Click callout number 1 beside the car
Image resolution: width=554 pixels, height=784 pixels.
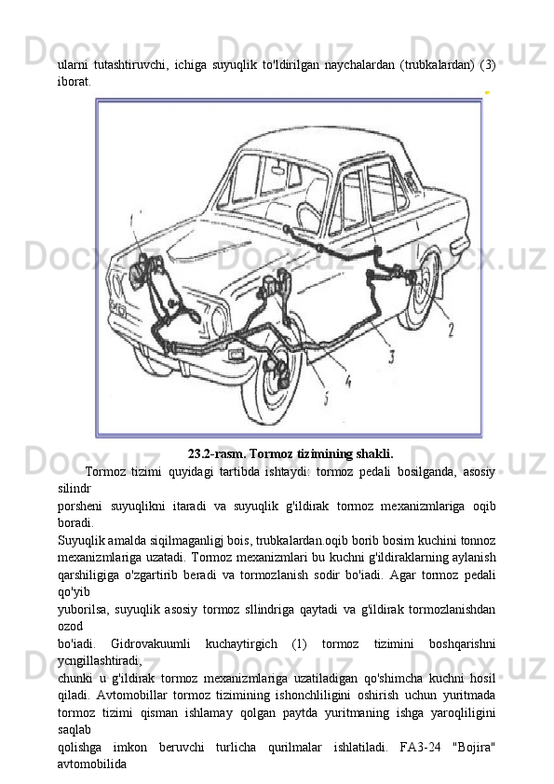[132, 220]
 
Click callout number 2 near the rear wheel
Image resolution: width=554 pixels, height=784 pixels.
[451, 330]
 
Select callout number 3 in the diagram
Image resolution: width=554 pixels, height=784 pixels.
[392, 357]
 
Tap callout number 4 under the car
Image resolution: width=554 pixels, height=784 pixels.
[347, 381]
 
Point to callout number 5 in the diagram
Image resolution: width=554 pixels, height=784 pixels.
[326, 399]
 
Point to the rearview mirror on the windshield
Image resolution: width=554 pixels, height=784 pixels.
[278, 168]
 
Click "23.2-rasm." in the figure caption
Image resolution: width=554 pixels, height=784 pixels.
[218, 454]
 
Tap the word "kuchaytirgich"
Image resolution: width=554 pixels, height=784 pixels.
[241, 644]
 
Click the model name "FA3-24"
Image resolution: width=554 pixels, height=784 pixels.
[421, 748]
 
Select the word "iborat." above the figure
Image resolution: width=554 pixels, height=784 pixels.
[74, 82]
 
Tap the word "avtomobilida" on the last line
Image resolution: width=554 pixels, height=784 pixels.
[92, 764]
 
